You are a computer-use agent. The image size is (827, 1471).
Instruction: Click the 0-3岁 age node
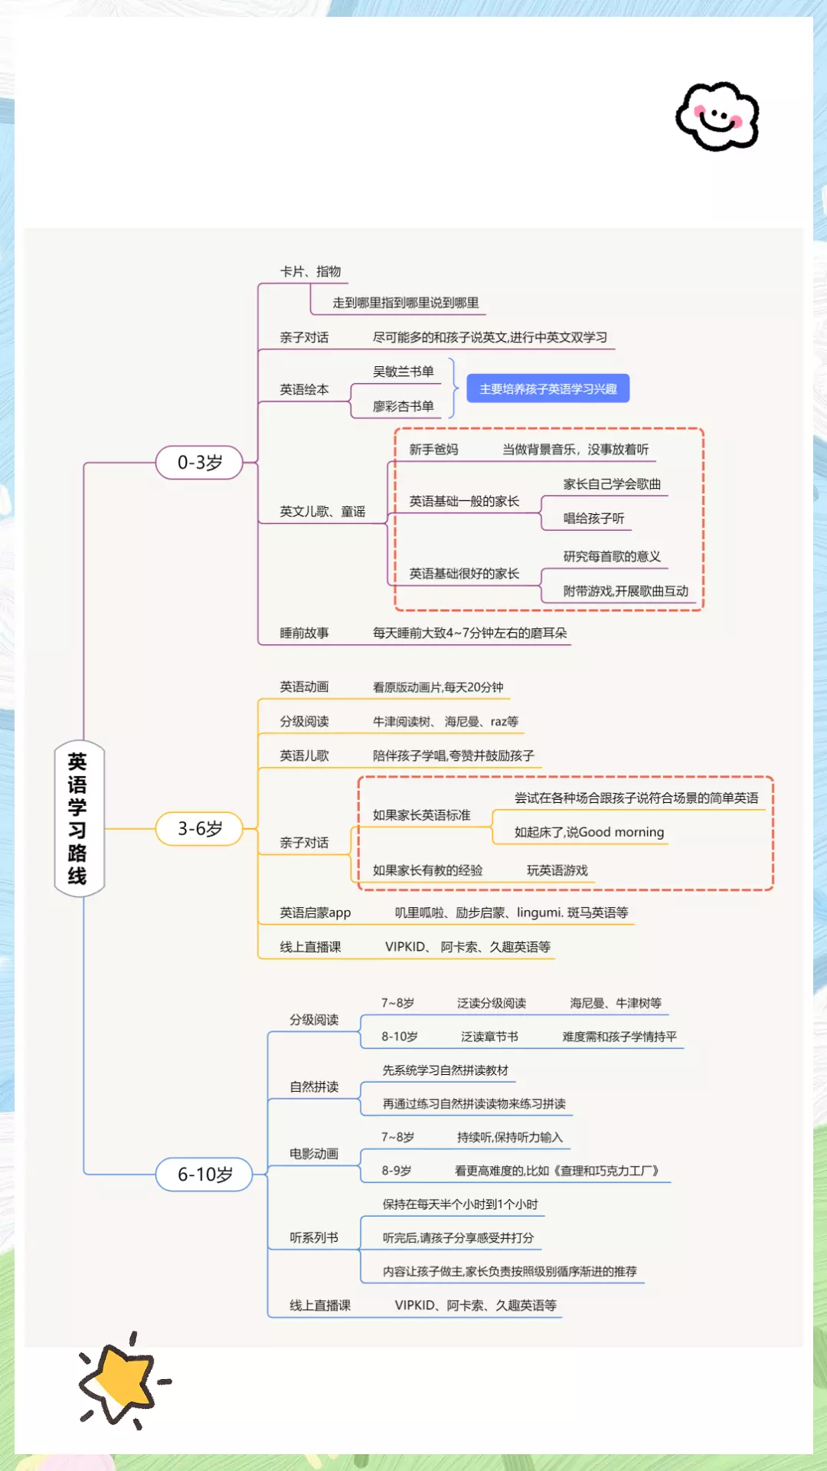tap(199, 463)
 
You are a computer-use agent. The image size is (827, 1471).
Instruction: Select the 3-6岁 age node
tap(199, 829)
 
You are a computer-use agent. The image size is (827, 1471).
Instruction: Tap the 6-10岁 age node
tap(204, 1175)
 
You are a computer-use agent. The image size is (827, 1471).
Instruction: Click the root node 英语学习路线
tap(79, 818)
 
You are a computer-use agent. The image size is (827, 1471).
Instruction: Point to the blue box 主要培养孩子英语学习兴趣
tap(548, 388)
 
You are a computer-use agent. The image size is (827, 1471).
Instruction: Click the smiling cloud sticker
tap(717, 116)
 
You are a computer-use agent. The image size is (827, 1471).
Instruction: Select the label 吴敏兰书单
tap(403, 372)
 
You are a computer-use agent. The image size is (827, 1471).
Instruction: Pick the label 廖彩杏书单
tap(403, 406)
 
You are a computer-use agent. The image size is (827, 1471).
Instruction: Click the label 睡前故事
tap(304, 633)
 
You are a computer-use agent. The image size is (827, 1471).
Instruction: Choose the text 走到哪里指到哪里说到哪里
tap(405, 303)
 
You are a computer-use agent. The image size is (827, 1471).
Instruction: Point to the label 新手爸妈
tap(433, 450)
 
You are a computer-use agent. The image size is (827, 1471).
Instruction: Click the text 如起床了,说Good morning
tap(589, 832)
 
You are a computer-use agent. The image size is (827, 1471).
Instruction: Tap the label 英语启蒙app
tap(315, 912)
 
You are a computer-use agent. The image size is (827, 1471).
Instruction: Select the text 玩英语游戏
tap(557, 870)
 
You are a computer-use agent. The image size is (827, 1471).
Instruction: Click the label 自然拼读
tap(314, 1086)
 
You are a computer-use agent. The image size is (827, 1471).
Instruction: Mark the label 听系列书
tap(314, 1237)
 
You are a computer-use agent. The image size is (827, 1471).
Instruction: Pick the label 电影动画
tap(314, 1154)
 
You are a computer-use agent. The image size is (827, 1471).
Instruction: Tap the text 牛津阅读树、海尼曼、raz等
tap(445, 722)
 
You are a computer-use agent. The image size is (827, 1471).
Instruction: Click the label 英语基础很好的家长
tap(464, 574)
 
